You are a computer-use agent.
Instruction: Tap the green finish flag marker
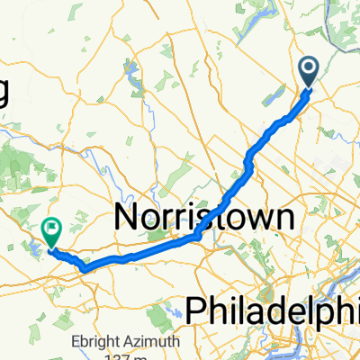51,232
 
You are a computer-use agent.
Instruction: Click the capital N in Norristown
128,217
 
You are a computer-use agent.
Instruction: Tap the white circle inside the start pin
309,66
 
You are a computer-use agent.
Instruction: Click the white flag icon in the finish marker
51,229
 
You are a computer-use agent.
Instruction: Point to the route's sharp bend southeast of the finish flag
84,267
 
